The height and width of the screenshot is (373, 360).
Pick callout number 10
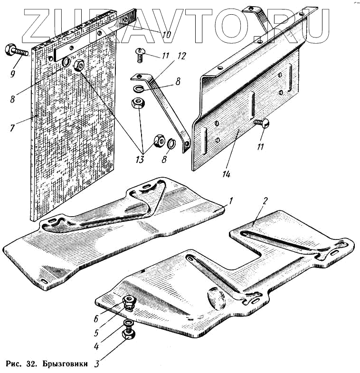[x=166, y=34]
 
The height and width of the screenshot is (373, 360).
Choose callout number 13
[x=139, y=160]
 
